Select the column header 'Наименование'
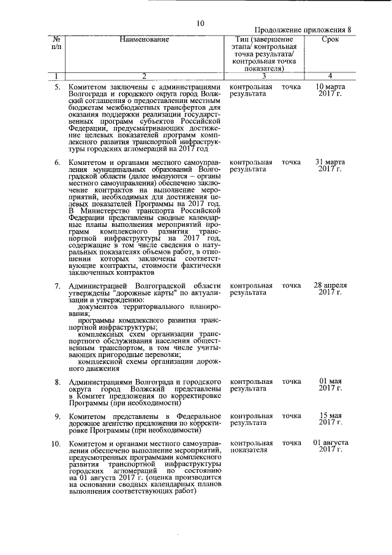tap(145, 39)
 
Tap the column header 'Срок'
tap(330, 39)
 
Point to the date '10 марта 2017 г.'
tap(330, 91)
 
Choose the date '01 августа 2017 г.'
tap(330, 446)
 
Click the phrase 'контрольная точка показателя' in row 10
tap(265, 446)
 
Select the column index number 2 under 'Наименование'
tap(145, 76)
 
